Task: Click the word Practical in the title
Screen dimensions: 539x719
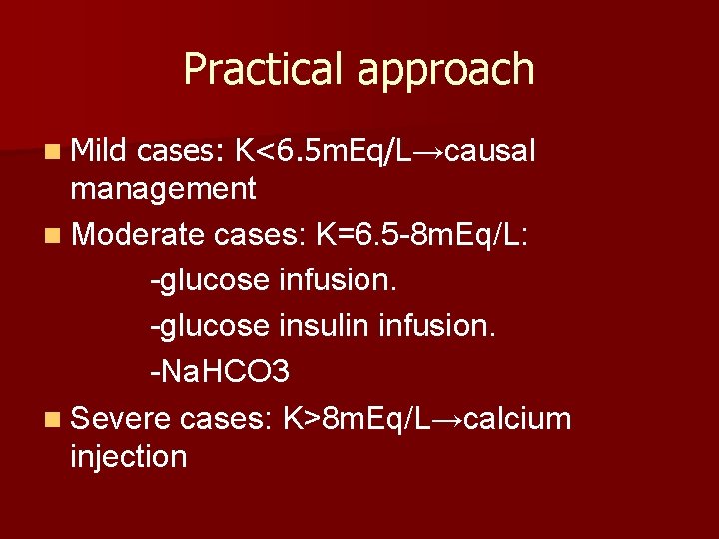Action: [x=263, y=69]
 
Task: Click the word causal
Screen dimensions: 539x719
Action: [x=490, y=151]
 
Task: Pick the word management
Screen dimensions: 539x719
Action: [x=163, y=188]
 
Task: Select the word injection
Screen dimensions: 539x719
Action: [x=129, y=456]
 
